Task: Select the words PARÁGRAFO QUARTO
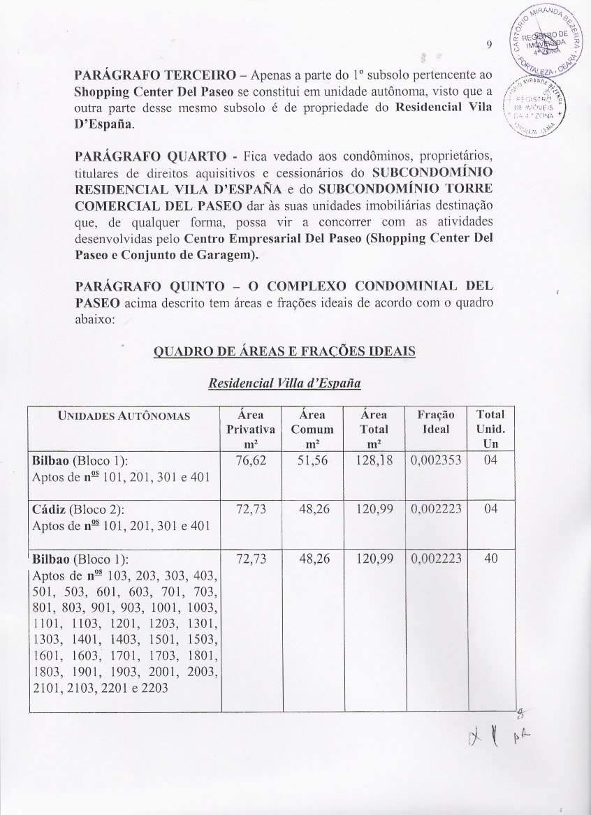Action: [138, 154]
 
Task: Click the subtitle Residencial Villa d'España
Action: [284, 383]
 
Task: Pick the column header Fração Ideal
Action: [435, 422]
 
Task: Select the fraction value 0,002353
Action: [435, 462]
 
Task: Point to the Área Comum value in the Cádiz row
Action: [314, 509]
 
